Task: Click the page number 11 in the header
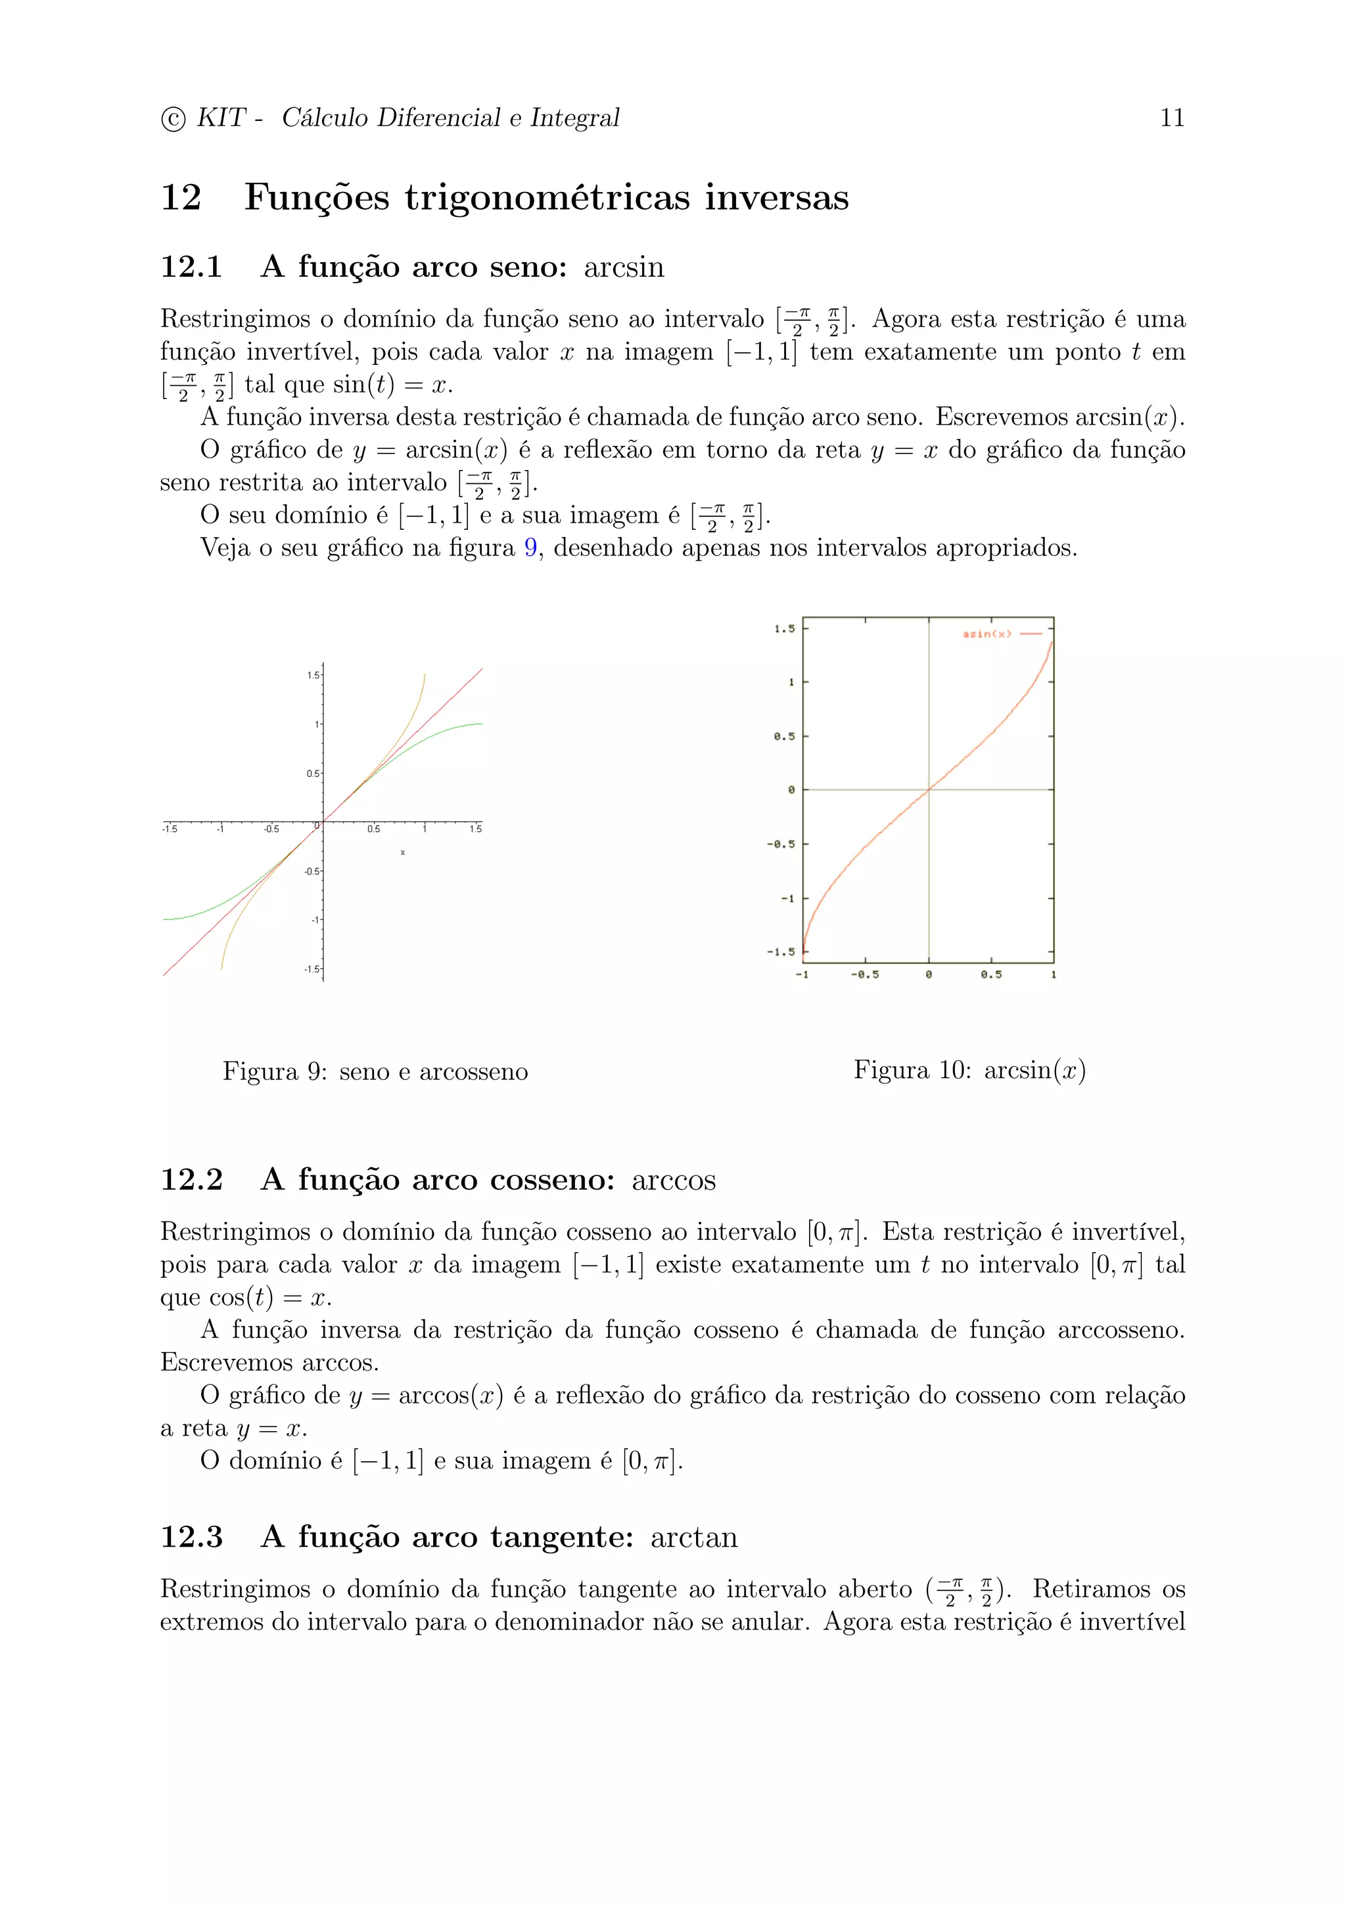(1171, 118)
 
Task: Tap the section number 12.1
(191, 267)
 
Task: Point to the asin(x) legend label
(986, 634)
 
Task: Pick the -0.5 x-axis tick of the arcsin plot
(864, 975)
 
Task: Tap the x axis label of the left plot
(402, 853)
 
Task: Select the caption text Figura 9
(273, 1072)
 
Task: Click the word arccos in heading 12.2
(674, 1181)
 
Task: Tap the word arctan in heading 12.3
(693, 1538)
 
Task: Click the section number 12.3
(191, 1538)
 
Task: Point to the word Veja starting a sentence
(225, 548)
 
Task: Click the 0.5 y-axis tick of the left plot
(313, 773)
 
